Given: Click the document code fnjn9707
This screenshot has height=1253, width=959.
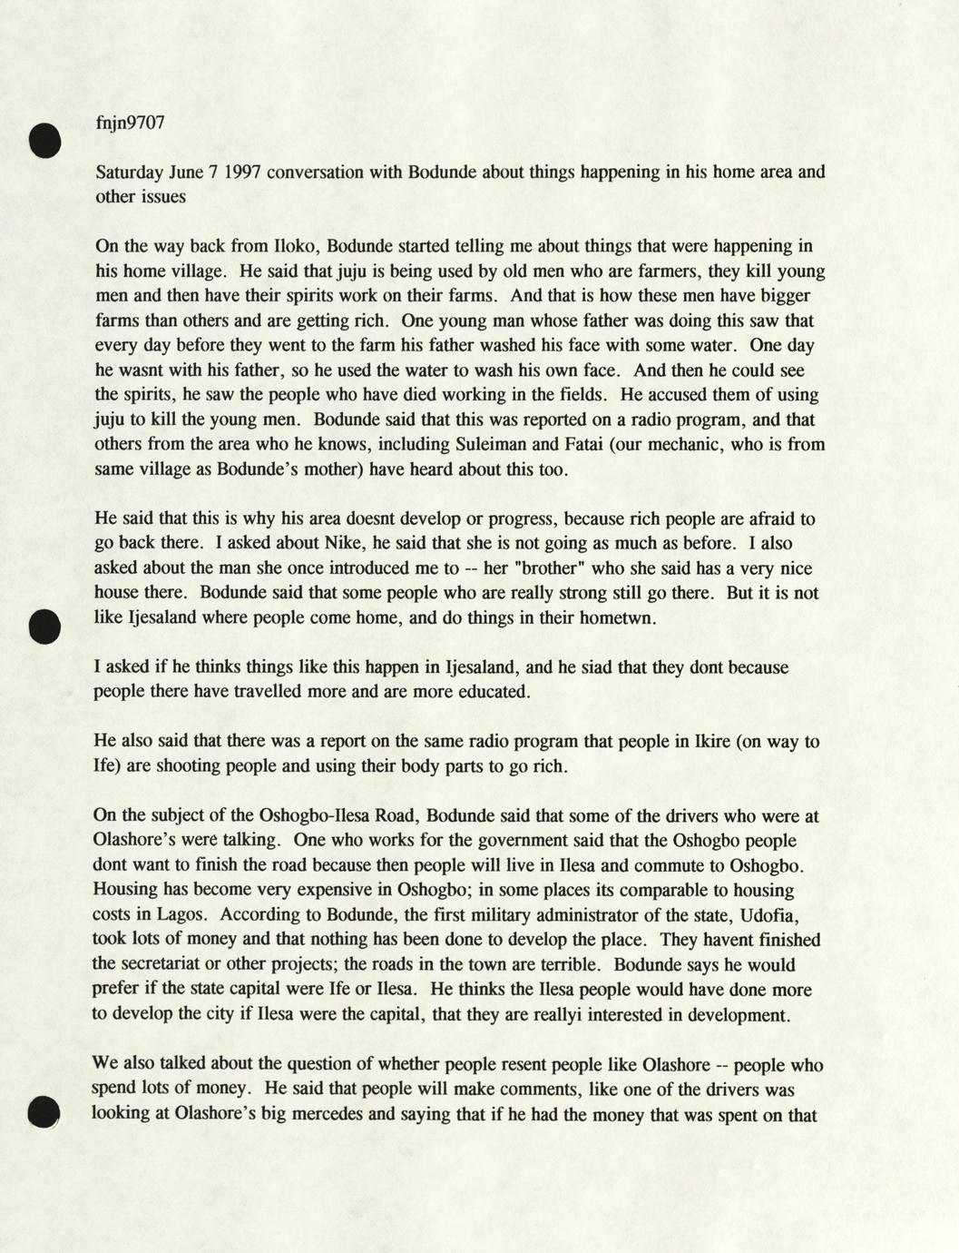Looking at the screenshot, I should pos(130,123).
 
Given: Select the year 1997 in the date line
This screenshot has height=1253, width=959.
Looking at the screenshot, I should pos(243,172).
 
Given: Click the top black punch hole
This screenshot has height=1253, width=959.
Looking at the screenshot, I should pos(44,141).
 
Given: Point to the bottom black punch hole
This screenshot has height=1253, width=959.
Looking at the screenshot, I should pos(44,1112).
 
